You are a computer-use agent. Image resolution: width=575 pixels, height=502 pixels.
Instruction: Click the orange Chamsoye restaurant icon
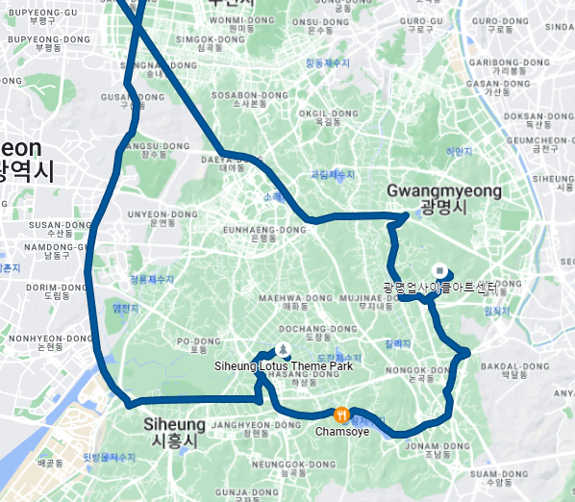pyautogui.click(x=340, y=414)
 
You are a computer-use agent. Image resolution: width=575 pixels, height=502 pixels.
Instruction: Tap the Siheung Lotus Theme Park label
pyautogui.click(x=283, y=365)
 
